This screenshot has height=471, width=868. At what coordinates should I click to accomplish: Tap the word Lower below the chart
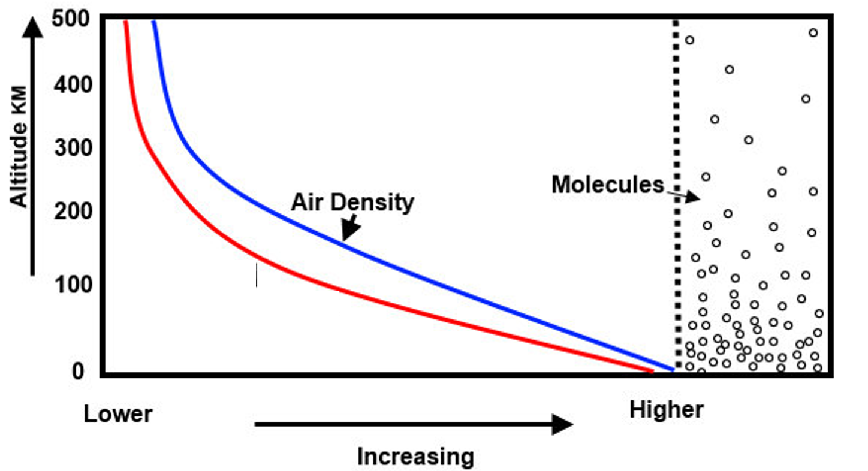pos(118,414)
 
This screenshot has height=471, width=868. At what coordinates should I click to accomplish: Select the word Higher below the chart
pos(666,410)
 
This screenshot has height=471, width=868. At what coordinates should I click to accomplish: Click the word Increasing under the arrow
pos(415,457)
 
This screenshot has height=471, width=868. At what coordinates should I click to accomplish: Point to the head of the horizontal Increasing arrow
pos(563,425)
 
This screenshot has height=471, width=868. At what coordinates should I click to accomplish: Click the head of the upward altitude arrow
pos(34,26)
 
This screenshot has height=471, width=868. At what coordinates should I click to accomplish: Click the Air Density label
pos(352,202)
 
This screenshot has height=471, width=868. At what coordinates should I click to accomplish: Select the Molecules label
pos(607,184)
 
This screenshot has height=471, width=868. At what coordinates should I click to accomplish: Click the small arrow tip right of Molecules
pos(697,197)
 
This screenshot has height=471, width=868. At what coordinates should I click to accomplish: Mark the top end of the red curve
pos(126,23)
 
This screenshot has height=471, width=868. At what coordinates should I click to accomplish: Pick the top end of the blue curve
pos(154,23)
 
